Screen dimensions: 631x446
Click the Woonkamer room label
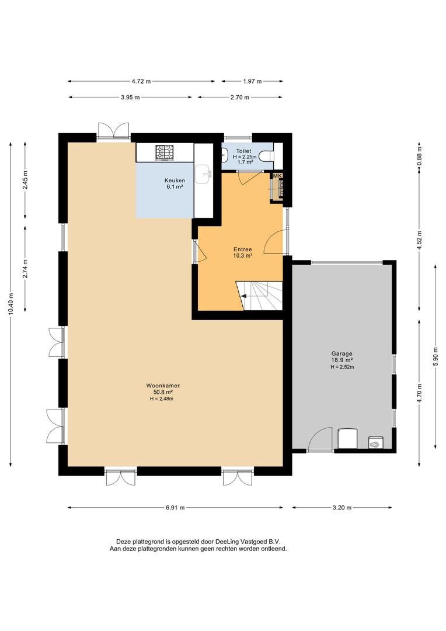click(162, 386)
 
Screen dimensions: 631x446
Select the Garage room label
click(342, 353)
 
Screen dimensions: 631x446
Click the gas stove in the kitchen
click(164, 153)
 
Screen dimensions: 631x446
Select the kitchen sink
click(204, 172)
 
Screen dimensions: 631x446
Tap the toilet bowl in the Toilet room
click(266, 155)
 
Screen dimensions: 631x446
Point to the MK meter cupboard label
click(277, 176)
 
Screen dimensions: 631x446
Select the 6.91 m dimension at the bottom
click(175, 508)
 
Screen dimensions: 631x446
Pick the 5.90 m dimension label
click(435, 356)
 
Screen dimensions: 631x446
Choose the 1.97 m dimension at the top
click(252, 81)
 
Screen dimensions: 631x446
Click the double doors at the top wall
click(113, 130)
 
